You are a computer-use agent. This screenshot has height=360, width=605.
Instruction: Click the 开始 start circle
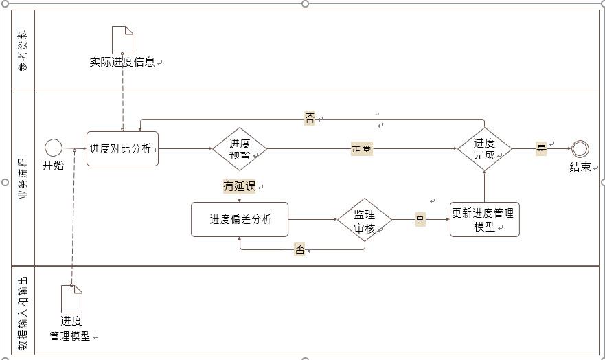click(53, 148)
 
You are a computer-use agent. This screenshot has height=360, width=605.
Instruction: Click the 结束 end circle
click(580, 148)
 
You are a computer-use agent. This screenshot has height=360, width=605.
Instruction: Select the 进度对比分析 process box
click(122, 148)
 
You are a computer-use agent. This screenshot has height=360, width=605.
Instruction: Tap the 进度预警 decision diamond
click(239, 148)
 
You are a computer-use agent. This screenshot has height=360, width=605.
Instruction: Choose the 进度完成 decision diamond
click(484, 148)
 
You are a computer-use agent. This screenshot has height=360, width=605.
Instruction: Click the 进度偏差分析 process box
click(239, 220)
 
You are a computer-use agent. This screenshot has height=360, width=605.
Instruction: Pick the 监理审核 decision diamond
click(364, 221)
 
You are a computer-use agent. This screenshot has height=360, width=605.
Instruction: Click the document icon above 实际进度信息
click(122, 40)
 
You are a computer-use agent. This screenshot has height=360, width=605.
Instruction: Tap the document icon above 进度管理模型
click(71, 298)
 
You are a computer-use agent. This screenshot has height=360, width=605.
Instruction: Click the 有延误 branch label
click(239, 185)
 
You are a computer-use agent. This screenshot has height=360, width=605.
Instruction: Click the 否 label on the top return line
click(310, 118)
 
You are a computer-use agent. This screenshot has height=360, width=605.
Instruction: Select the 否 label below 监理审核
click(299, 250)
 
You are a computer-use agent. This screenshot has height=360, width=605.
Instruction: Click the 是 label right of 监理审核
click(420, 220)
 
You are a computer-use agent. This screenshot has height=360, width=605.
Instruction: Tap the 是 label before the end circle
click(541, 148)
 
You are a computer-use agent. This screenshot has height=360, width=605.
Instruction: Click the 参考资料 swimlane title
click(23, 49)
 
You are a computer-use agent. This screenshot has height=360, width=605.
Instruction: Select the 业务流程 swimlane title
click(23, 177)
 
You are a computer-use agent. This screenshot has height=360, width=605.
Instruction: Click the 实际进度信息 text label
click(122, 63)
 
